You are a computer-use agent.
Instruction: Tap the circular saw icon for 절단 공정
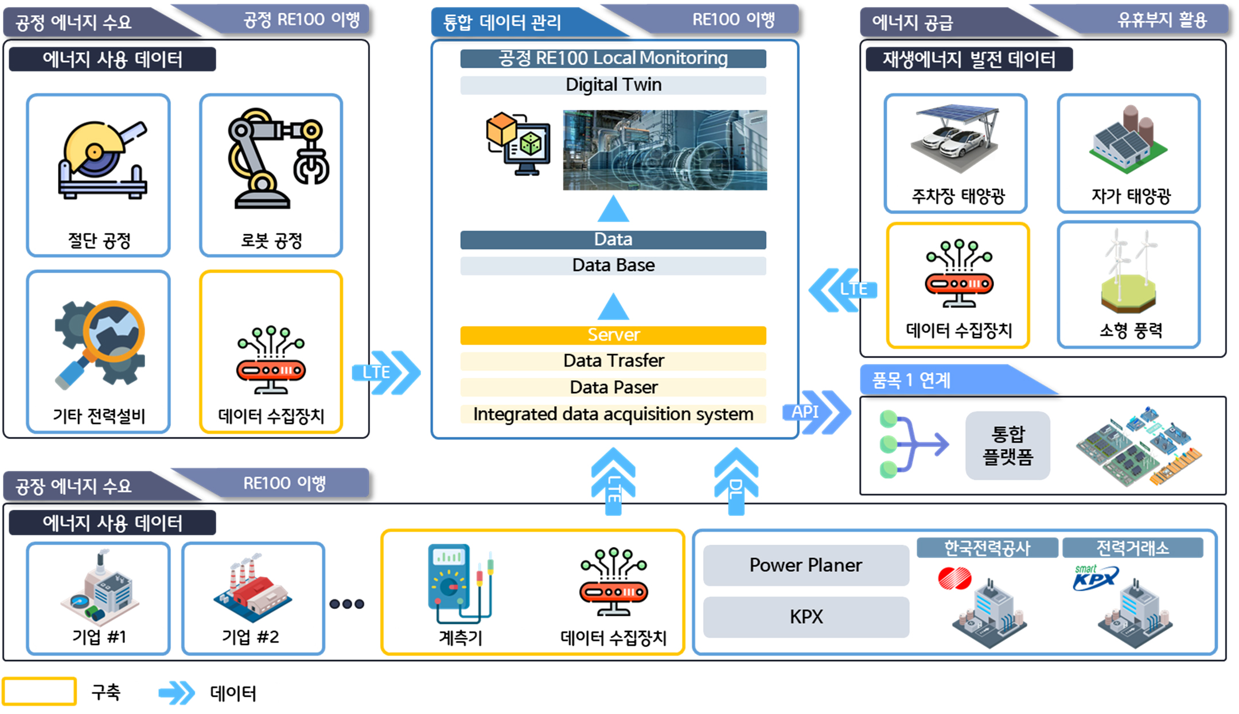[103, 160]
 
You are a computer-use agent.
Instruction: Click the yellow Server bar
[613, 335]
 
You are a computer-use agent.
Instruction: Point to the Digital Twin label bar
[613, 85]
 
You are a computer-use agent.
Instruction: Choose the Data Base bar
[613, 266]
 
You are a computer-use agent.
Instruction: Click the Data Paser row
[613, 387]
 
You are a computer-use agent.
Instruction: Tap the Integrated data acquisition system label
[613, 414]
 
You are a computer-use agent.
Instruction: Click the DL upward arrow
[736, 481]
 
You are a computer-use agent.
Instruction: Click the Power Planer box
[806, 565]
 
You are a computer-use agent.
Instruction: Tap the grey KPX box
[806, 617]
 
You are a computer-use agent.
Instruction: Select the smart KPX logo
[1096, 577]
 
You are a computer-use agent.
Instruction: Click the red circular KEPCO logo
[954, 578]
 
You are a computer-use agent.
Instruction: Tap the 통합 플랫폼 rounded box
[1008, 445]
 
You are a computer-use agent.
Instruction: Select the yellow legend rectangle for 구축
[39, 691]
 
